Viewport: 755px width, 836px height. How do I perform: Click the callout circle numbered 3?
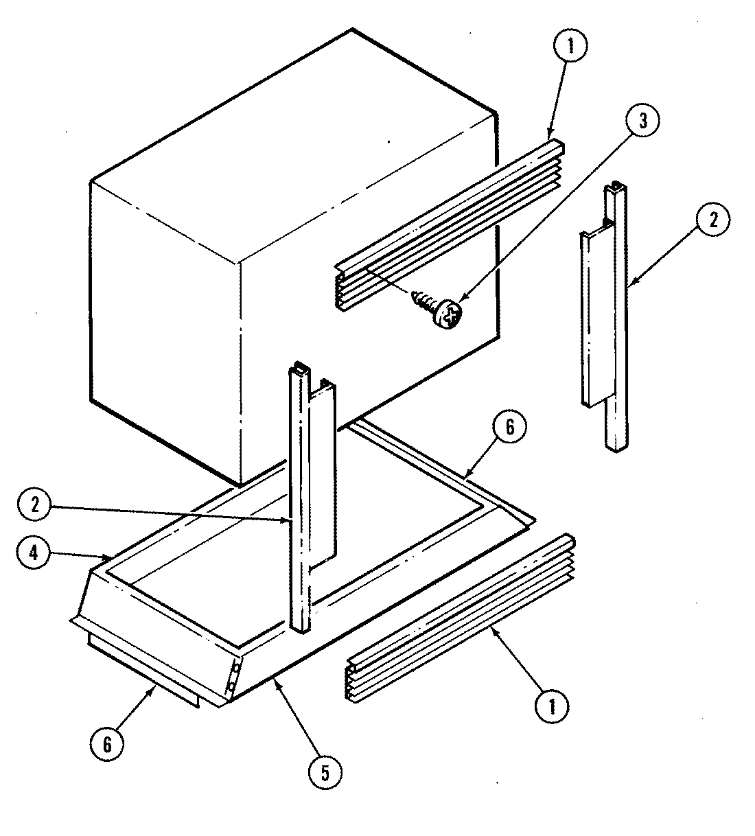[642, 121]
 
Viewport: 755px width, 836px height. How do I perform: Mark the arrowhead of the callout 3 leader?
[460, 301]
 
